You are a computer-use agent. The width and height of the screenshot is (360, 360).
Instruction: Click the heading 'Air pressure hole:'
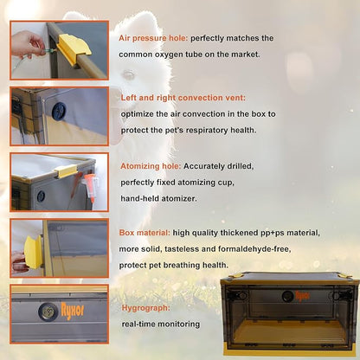[153, 38]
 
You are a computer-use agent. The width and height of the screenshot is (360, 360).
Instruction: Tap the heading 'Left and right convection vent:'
[183, 98]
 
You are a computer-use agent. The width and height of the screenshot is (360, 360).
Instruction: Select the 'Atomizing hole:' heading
[151, 166]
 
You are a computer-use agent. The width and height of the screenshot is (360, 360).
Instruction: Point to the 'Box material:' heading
[145, 233]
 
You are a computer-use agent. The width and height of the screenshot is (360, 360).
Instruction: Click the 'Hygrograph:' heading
[145, 308]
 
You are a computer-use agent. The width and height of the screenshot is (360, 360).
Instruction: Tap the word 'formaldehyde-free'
[254, 249]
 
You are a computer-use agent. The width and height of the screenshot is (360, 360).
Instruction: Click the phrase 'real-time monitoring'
[161, 325]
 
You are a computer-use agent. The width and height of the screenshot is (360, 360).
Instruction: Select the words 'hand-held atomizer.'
[158, 199]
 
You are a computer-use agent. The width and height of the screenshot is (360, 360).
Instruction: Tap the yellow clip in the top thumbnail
[74, 45]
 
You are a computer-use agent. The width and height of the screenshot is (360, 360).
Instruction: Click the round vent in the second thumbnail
[60, 111]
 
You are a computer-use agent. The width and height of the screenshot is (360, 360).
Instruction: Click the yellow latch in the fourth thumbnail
[33, 252]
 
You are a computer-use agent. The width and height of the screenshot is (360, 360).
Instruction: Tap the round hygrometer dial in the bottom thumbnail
[48, 312]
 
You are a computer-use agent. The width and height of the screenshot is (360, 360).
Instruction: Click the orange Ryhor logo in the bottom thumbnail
[72, 311]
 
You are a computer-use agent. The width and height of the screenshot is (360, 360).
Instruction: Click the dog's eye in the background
[129, 74]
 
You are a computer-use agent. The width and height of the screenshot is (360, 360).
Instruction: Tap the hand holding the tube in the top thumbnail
[28, 45]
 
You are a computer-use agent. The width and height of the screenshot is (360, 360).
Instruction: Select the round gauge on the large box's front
[287, 296]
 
